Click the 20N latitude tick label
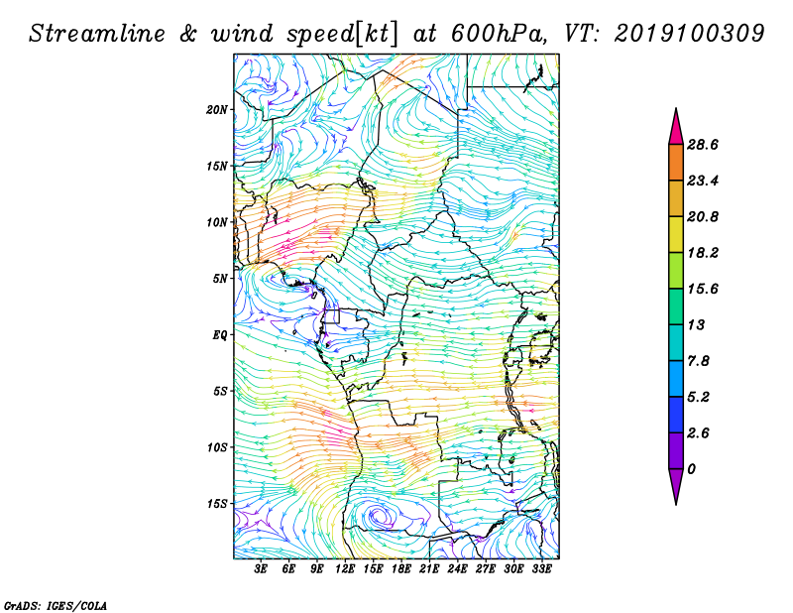tap(217, 110)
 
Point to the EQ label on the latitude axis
tap(220, 335)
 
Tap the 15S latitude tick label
tap(217, 504)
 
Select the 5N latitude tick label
tap(220, 279)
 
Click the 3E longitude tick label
tap(261, 568)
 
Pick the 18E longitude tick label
tap(401, 568)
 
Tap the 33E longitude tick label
tap(541, 568)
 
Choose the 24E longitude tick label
tap(457, 568)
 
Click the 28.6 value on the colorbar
tap(703, 145)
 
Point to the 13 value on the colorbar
tap(696, 324)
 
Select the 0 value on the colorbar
tap(691, 469)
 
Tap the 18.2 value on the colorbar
tap(703, 253)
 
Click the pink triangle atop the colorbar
tap(676, 129)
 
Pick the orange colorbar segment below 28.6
tap(676, 163)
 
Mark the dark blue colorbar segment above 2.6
tap(676, 415)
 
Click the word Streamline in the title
tap(97, 34)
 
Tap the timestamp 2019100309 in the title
tap(689, 34)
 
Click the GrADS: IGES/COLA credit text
tap(56, 605)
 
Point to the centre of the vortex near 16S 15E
tap(377, 516)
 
